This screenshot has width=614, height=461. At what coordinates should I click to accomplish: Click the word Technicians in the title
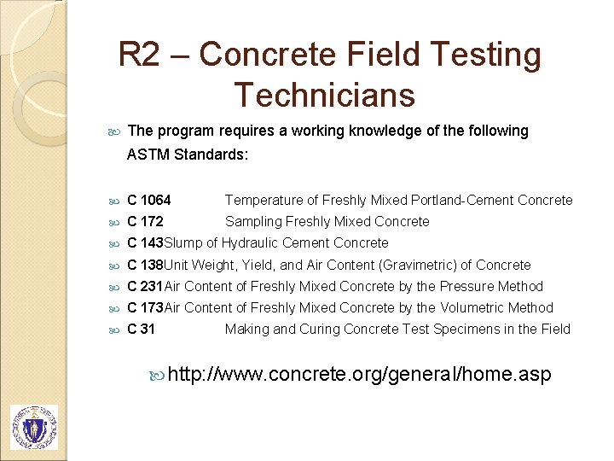pyautogui.click(x=324, y=94)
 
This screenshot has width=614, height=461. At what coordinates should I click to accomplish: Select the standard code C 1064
pyautogui.click(x=148, y=201)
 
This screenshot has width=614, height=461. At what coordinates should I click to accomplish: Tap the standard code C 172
pyautogui.click(x=145, y=222)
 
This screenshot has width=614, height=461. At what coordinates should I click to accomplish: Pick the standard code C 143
pyautogui.click(x=145, y=243)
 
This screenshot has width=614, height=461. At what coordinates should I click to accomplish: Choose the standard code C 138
pyautogui.click(x=145, y=266)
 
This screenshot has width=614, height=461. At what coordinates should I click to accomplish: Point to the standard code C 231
pyautogui.click(x=145, y=287)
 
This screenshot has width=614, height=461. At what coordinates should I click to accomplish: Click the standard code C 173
pyautogui.click(x=145, y=308)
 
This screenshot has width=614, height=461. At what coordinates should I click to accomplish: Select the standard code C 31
pyautogui.click(x=141, y=330)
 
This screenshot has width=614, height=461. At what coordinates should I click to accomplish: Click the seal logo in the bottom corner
pyautogui.click(x=34, y=427)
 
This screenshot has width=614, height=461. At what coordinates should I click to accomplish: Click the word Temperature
pyautogui.click(x=264, y=201)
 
